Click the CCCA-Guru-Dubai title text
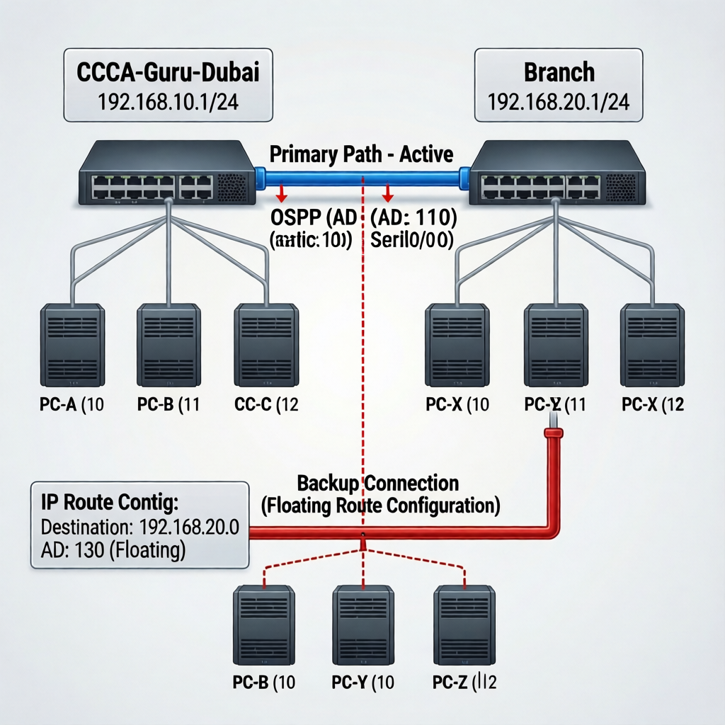pos(168,73)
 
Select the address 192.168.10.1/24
pos(168,103)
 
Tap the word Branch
pos(559,73)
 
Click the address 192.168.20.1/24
pos(559,103)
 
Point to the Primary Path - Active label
pos(362,154)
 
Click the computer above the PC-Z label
pos(464,625)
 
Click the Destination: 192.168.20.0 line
pos(140,527)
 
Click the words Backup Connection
pos(377,484)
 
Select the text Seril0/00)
pos(412,239)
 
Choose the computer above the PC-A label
pos(72,345)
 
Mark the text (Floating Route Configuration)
pos(380,506)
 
